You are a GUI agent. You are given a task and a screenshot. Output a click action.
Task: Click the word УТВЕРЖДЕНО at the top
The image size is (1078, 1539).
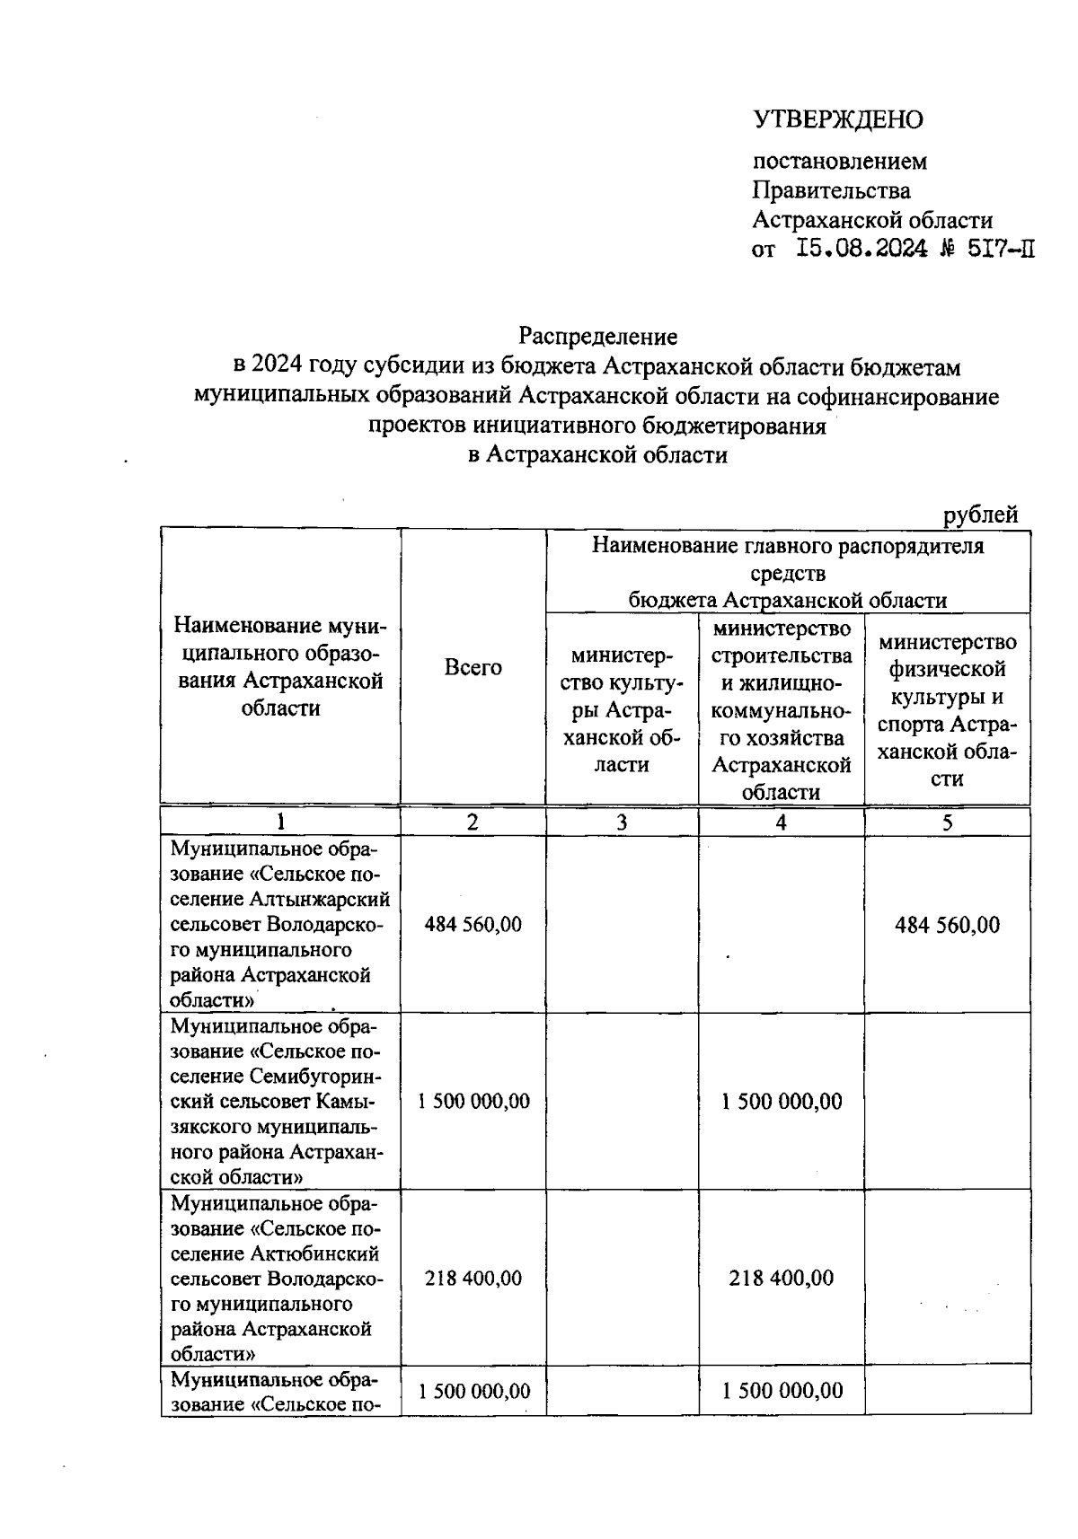point(837,119)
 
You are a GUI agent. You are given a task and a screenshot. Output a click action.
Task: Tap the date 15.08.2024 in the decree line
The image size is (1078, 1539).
point(862,249)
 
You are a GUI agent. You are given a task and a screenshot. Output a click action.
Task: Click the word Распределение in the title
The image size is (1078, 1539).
point(596,336)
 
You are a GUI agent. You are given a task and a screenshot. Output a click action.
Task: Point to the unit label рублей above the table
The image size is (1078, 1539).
point(980,514)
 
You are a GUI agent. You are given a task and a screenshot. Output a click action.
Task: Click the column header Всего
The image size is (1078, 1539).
point(473,667)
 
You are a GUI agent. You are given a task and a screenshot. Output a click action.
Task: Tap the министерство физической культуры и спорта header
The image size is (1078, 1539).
point(947,710)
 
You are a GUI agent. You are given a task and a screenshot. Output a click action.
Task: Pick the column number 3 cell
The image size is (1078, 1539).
point(622,822)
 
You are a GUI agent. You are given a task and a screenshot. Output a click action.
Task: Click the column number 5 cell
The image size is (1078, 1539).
point(947,822)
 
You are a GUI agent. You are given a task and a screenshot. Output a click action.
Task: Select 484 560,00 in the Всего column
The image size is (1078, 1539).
point(473,924)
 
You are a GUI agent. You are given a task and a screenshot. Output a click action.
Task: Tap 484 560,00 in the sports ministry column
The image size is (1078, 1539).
point(947,924)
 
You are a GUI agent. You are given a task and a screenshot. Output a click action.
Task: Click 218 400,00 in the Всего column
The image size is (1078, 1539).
point(473,1277)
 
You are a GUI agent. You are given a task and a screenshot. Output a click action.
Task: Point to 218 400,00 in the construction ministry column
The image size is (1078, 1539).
point(781,1277)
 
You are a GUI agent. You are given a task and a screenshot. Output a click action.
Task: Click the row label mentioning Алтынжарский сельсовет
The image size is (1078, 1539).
point(279,924)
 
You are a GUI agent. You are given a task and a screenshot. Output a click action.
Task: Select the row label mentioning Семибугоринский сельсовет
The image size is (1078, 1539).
point(279,1100)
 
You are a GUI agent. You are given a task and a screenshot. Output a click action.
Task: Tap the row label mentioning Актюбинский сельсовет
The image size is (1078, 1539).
point(279,1277)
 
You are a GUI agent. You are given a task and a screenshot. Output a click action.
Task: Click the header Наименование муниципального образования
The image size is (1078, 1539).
point(279,665)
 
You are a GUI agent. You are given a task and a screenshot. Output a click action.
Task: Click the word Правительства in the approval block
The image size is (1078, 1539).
point(830,190)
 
